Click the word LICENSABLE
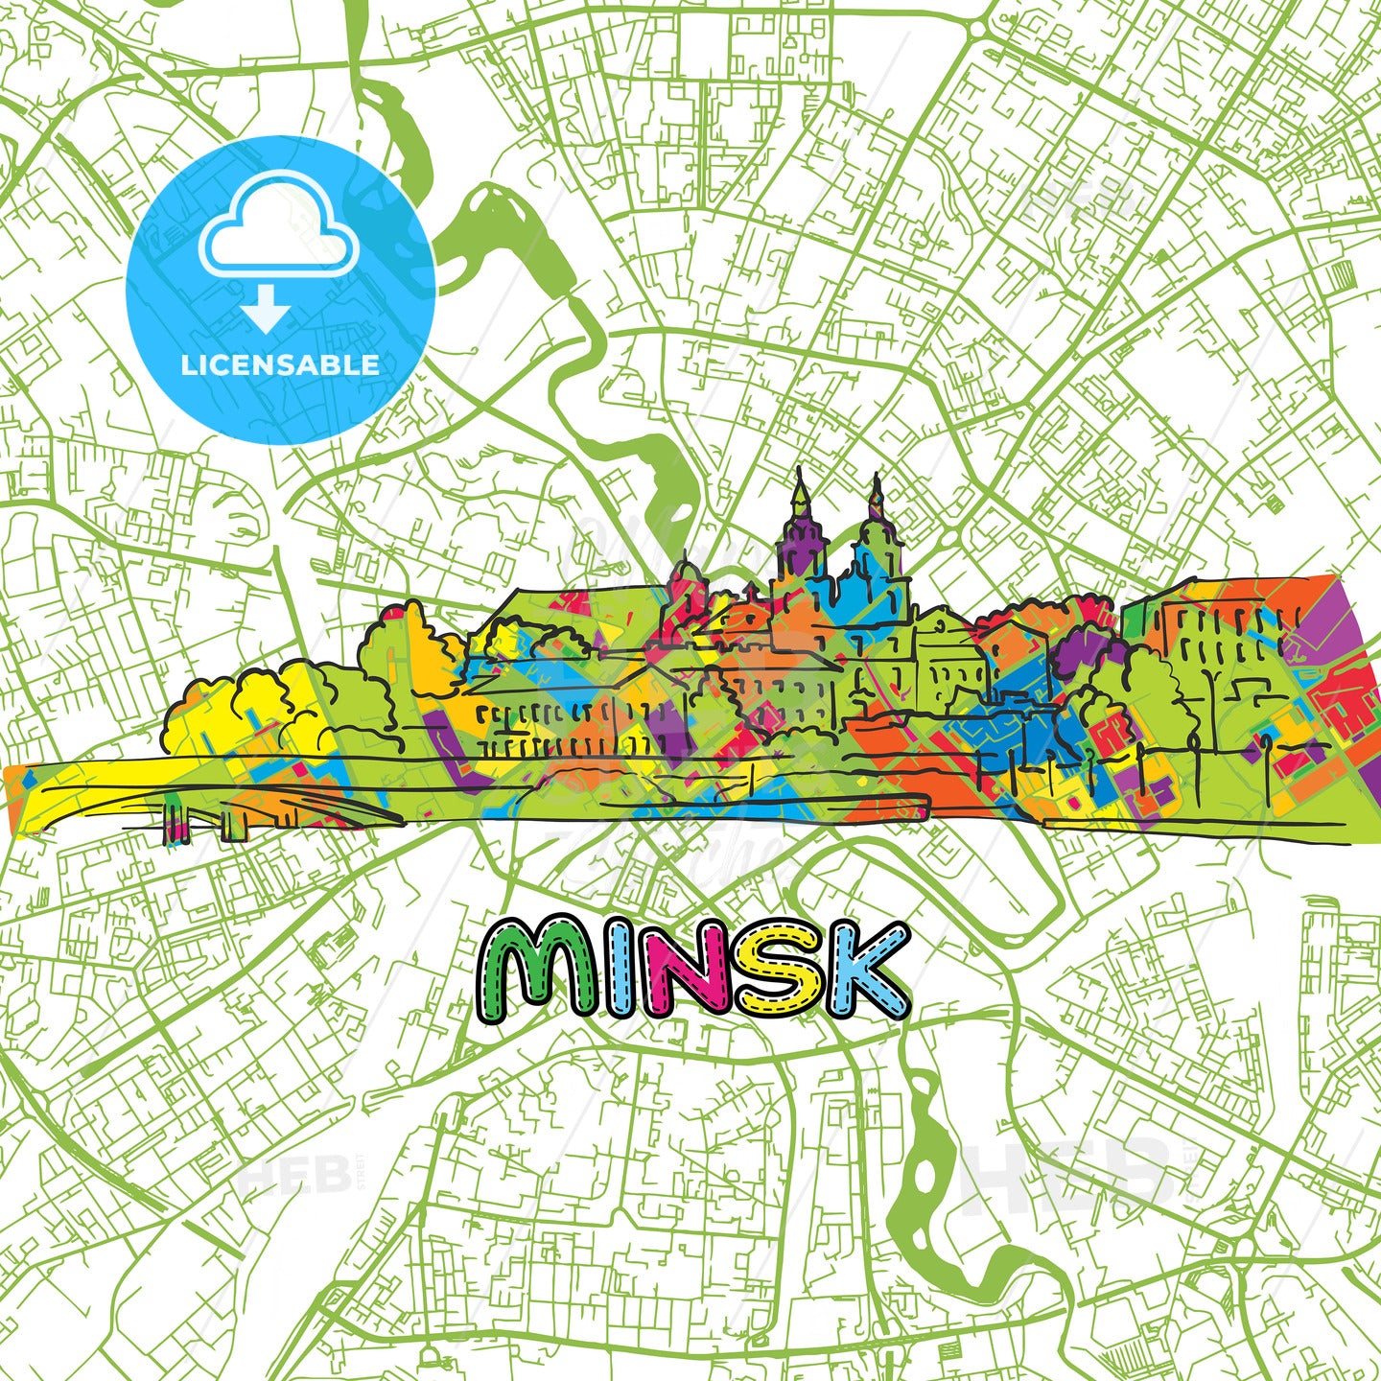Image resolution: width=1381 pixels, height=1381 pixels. click(x=280, y=364)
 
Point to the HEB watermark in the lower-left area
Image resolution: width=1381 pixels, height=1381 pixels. click(x=288, y=1175)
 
